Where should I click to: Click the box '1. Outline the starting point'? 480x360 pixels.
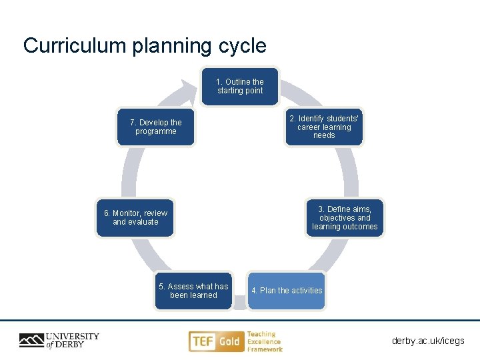(240, 87)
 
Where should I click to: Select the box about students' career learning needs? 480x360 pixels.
(324, 127)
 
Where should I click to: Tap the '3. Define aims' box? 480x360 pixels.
(345, 218)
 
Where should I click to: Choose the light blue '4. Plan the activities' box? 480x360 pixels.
(287, 291)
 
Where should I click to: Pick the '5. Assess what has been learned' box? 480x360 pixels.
(193, 291)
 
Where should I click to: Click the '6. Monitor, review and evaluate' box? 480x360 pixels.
(135, 217)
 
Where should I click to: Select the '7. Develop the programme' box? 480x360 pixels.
(155, 127)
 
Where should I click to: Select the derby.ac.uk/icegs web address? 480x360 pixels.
(428, 341)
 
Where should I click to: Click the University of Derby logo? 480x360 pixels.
(59, 341)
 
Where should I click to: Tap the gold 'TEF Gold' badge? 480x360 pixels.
(215, 341)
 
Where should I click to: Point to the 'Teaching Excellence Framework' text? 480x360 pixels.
(265, 341)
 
